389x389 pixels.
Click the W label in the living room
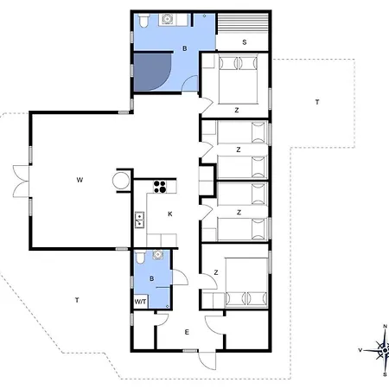80,180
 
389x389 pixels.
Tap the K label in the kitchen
170,214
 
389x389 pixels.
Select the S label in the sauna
245,42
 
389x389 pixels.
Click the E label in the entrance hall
187,332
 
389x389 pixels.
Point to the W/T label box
141,302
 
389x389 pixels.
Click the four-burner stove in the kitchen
160,187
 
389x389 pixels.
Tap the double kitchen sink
139,220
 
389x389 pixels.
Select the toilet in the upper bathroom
143,20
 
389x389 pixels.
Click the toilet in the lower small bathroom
140,258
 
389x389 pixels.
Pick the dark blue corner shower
152,72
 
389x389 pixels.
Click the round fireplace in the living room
121,181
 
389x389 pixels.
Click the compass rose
384,350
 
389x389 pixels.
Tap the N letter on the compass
385,326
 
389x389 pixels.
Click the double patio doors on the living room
21,182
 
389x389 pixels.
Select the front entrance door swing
207,360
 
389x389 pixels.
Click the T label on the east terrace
317,102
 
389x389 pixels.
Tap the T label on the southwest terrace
77,300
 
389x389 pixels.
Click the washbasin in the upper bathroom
167,19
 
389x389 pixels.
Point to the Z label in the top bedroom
237,110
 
